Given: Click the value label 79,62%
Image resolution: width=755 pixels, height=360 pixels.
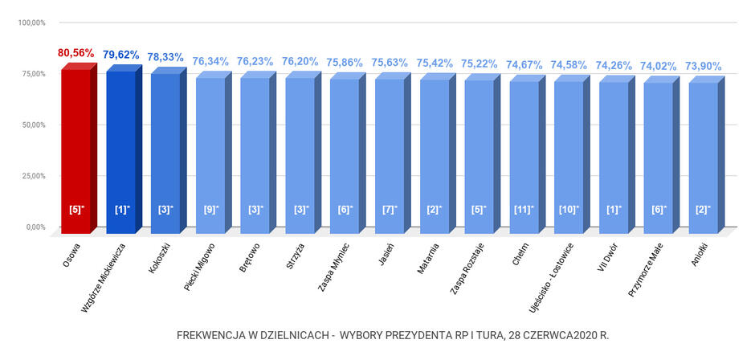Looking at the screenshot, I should tap(120, 55).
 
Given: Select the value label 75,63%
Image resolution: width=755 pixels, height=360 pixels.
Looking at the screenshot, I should tap(390, 63).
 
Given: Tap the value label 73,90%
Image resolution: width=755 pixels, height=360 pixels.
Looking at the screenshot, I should tap(703, 66).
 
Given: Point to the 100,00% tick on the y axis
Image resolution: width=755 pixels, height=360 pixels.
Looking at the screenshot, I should tap(32, 22).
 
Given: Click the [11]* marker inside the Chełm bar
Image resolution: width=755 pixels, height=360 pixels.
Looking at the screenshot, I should tap(524, 210).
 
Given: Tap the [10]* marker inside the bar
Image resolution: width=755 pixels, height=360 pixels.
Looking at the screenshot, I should tap(569, 210).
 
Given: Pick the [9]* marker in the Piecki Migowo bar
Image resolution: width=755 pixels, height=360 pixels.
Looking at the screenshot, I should tap(210, 210).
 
